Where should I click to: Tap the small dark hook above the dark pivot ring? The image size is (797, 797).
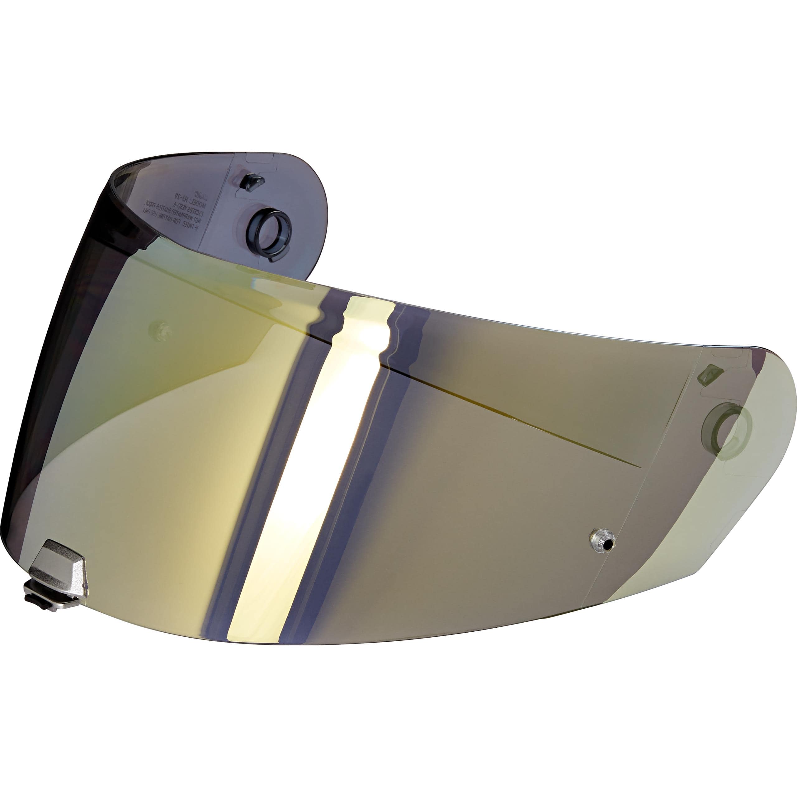click(x=252, y=182)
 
